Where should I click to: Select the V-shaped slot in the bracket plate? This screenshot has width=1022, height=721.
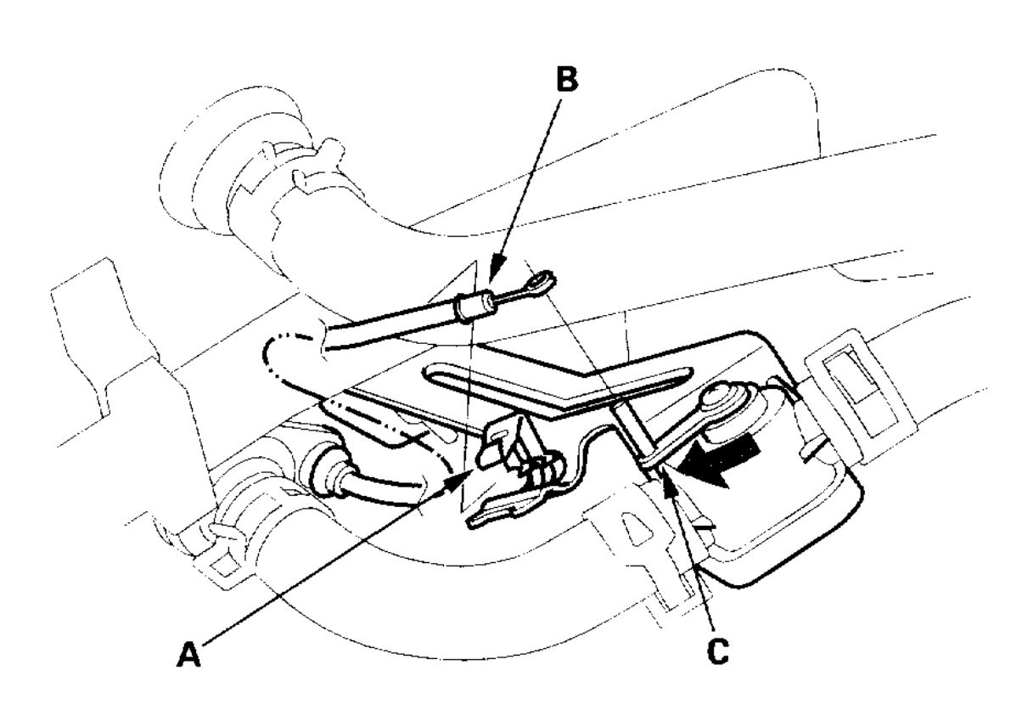click(543, 378)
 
